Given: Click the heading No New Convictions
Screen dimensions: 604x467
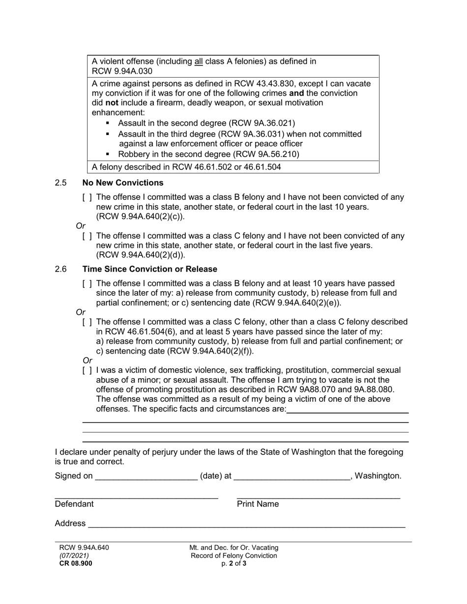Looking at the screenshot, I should pos(123,183).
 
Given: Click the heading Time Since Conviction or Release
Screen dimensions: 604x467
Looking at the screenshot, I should pos(149,270).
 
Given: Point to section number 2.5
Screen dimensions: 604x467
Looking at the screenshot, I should pos(61,183).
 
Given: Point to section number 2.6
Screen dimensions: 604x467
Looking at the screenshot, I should pos(61,270).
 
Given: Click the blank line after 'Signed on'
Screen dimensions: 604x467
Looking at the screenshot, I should pos(146,476).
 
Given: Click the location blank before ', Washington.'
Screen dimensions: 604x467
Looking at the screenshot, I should pos(292,476).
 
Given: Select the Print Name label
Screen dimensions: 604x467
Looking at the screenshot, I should pos(258,504).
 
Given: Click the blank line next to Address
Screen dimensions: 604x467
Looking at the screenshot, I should pos(246,524).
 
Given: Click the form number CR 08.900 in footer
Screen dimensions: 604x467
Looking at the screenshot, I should pos(76,564).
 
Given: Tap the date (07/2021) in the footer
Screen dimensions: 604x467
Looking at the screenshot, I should pos(74,556).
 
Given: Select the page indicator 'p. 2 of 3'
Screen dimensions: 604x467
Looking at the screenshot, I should pos(233,564).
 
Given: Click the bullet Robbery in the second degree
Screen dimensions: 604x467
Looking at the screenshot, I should pos(208,154).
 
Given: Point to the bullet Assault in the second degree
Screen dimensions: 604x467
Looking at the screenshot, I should pos(206,123).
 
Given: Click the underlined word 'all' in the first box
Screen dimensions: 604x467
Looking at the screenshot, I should pos(199,62).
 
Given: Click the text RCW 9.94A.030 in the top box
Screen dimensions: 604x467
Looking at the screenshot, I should pos(116,71).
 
